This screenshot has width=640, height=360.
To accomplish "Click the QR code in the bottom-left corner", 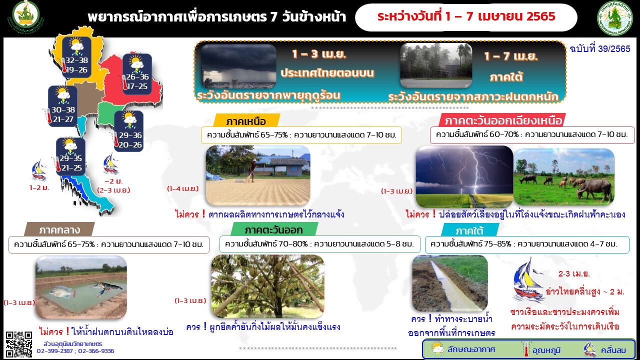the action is [x=19, y=344].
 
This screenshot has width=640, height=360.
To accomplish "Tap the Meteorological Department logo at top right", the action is [x=614, y=18].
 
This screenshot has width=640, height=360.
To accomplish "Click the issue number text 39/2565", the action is [x=614, y=49].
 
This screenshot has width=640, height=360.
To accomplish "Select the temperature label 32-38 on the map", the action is [x=76, y=60].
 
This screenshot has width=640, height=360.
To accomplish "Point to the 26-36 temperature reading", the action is [x=137, y=76].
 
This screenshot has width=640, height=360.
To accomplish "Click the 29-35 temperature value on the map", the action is [x=70, y=158].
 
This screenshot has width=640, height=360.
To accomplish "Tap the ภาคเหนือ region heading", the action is [x=246, y=121].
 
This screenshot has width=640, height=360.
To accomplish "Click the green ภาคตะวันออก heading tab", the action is [x=273, y=230].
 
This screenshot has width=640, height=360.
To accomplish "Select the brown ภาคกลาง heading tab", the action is [x=59, y=230].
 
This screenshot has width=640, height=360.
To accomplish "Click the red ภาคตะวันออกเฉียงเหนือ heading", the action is [x=503, y=120].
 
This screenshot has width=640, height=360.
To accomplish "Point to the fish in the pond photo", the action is [x=62, y=292].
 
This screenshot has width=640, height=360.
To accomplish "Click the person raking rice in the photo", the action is [x=251, y=170].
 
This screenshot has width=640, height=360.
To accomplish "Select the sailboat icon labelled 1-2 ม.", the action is [x=38, y=170].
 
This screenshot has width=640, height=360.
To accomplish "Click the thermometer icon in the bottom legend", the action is [x=525, y=349].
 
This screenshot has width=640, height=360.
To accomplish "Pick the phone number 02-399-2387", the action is [x=54, y=351].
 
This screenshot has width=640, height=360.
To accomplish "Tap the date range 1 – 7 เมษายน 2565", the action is [x=499, y=16].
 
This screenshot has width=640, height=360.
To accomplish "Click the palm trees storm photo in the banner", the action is [x=436, y=65].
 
